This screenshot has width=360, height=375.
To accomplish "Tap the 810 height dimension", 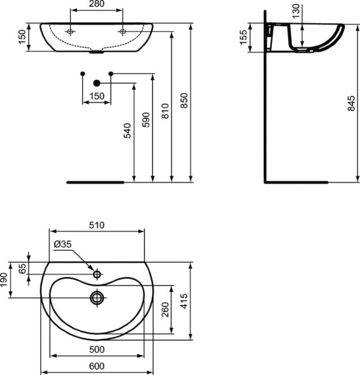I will click(165, 111).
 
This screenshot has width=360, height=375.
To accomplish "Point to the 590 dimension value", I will click(147, 120).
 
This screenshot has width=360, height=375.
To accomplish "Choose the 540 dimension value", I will click(127, 130).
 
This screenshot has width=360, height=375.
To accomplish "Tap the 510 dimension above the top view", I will click(96, 225).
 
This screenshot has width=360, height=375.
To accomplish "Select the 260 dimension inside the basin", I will click(165, 308).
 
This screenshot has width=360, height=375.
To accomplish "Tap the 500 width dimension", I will click(96, 349).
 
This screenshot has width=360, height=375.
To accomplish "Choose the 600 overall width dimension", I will click(96, 367).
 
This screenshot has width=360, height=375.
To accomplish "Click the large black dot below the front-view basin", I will click(97, 83).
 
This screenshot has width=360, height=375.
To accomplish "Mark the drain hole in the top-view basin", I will click(97, 298).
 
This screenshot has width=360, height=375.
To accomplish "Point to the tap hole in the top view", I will click(97, 274).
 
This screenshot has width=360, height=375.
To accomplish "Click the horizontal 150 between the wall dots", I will click(96, 96).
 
